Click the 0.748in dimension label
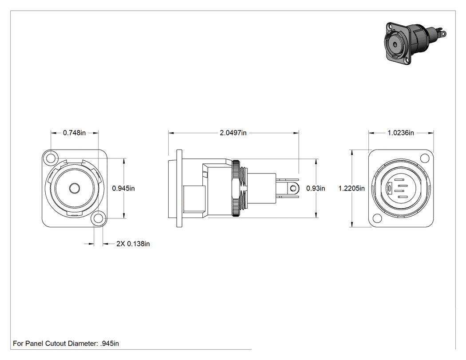click(x=74, y=133)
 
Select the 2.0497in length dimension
click(x=233, y=133)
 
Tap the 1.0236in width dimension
click(x=401, y=133)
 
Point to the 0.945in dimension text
click(x=123, y=189)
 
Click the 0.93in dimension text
click(x=316, y=189)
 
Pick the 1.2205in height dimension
click(x=351, y=189)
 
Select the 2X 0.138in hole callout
click(x=133, y=244)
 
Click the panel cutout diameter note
click(x=66, y=344)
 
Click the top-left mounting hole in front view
click(x=51, y=158)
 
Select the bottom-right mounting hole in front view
click(x=99, y=218)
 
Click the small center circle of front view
click(x=74, y=189)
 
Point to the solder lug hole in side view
click(x=294, y=188)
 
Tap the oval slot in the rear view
click(x=389, y=188)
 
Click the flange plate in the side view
click(x=179, y=189)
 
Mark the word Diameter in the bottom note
click(x=82, y=344)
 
